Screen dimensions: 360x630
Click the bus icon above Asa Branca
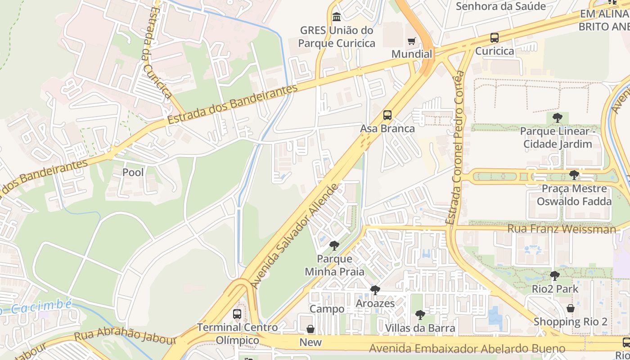coord(387,115)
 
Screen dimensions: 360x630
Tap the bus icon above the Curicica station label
coord(495,38)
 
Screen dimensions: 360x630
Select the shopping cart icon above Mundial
coord(411,42)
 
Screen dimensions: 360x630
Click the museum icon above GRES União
coord(336,17)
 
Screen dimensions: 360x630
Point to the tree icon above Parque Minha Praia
coord(334,246)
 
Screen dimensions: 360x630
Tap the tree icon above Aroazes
coord(375,290)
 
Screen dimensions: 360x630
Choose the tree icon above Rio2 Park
coord(555,275)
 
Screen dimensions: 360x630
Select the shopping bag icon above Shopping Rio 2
coord(570,309)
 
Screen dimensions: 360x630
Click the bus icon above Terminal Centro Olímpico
coord(237,314)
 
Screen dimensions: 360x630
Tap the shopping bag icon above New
coord(310,329)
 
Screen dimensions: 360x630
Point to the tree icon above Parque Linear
coord(558,118)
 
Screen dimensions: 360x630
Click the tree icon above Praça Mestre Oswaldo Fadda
coord(574,175)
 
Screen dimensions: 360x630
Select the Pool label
coord(133,172)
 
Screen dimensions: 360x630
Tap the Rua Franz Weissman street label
coord(561,229)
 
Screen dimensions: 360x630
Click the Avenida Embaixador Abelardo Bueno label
coord(467,349)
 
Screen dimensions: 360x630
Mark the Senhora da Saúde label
coord(500,6)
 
